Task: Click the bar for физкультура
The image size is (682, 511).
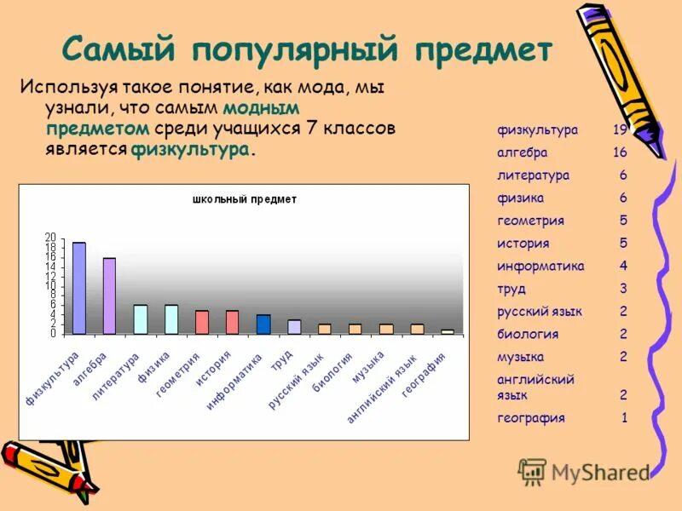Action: [x=79, y=288]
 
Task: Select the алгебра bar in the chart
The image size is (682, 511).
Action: [x=110, y=296]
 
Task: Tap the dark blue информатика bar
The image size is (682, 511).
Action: [x=263, y=324]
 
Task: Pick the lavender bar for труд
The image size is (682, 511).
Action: [x=294, y=327]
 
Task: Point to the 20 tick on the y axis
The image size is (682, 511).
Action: [x=50, y=237]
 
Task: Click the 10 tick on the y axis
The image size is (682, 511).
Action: [x=50, y=285]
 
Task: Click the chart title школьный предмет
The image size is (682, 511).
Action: [x=245, y=199]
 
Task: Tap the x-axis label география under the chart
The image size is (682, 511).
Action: [x=425, y=375]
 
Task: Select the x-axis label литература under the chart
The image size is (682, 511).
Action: [x=116, y=376]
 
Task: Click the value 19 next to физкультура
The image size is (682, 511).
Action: [x=620, y=130]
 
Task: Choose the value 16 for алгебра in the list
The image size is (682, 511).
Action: [x=620, y=152]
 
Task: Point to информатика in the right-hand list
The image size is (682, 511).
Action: [x=540, y=266]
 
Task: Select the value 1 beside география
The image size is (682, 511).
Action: [x=624, y=418]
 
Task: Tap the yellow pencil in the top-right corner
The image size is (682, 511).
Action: [x=621, y=77]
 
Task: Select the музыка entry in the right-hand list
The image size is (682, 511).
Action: [x=520, y=357]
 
